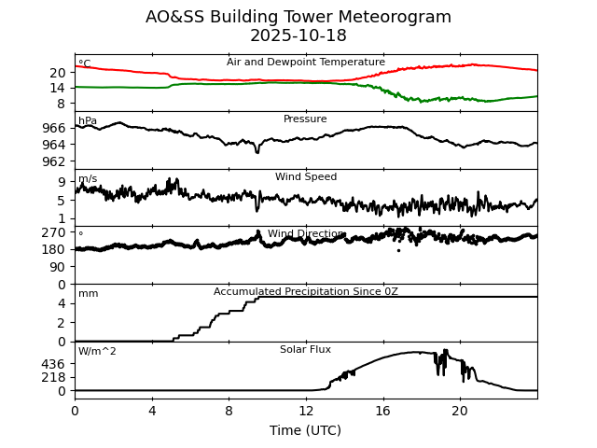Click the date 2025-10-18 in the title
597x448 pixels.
click(298, 36)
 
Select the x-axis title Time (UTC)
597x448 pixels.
click(306, 430)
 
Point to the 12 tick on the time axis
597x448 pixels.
click(306, 411)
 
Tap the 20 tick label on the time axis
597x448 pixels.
click(460, 411)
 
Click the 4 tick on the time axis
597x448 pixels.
click(152, 411)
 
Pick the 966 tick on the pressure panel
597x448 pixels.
click(55, 128)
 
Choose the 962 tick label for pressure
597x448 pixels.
click(55, 161)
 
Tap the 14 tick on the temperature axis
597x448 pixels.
click(58, 87)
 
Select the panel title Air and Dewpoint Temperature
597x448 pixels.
click(306, 63)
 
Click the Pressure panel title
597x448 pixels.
click(306, 119)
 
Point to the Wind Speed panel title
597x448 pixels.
click(306, 177)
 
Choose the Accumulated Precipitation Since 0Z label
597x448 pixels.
click(306, 292)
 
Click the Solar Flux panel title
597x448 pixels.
click(306, 350)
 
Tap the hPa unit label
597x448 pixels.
click(88, 121)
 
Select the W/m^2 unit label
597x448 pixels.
click(97, 352)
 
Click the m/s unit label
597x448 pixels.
click(88, 179)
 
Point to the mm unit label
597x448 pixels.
click(88, 294)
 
